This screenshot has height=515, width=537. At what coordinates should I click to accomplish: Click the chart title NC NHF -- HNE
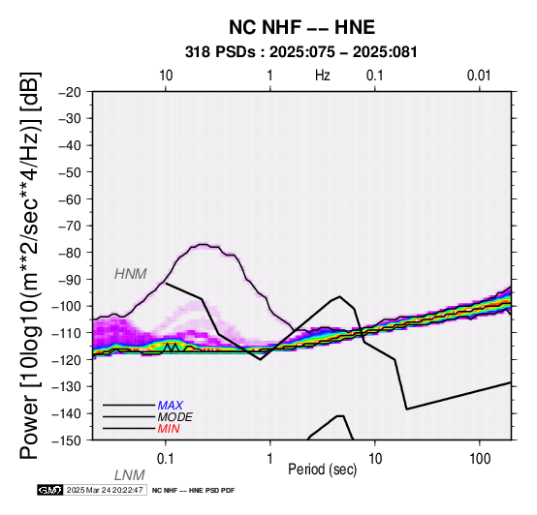pos(301,27)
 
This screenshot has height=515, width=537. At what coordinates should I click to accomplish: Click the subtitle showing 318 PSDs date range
pos(301,52)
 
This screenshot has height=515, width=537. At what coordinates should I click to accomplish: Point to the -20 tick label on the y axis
pos(70,92)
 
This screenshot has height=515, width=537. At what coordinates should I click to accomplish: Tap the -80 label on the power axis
pos(70,253)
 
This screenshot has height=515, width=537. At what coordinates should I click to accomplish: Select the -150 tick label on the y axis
pos(67,440)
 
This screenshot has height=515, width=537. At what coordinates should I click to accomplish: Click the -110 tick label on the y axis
pos(67,333)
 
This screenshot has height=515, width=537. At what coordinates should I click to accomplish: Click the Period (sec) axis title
pos(323,470)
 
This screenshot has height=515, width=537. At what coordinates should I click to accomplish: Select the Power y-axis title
pos(30,265)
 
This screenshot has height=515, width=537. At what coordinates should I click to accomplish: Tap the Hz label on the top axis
pos(323,76)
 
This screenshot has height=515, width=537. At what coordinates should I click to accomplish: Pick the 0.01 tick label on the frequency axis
pos(479,76)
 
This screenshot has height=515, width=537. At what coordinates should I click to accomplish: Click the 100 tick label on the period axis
pos(480,459)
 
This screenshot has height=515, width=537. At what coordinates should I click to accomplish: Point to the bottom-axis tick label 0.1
pos(166,459)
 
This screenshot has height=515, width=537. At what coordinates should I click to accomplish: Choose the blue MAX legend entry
pos(171,406)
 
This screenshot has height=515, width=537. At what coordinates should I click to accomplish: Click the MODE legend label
pos(175,417)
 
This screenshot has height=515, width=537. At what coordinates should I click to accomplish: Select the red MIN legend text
pos(169,429)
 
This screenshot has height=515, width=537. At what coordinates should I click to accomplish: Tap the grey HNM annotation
pos(131,274)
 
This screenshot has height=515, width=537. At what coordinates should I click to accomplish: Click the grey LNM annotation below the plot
pos(130,475)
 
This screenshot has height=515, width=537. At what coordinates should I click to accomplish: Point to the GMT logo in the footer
pos(50,490)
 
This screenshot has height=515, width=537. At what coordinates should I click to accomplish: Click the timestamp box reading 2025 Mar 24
pos(106,490)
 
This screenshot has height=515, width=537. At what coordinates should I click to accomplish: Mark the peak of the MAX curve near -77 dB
pos(203,244)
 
